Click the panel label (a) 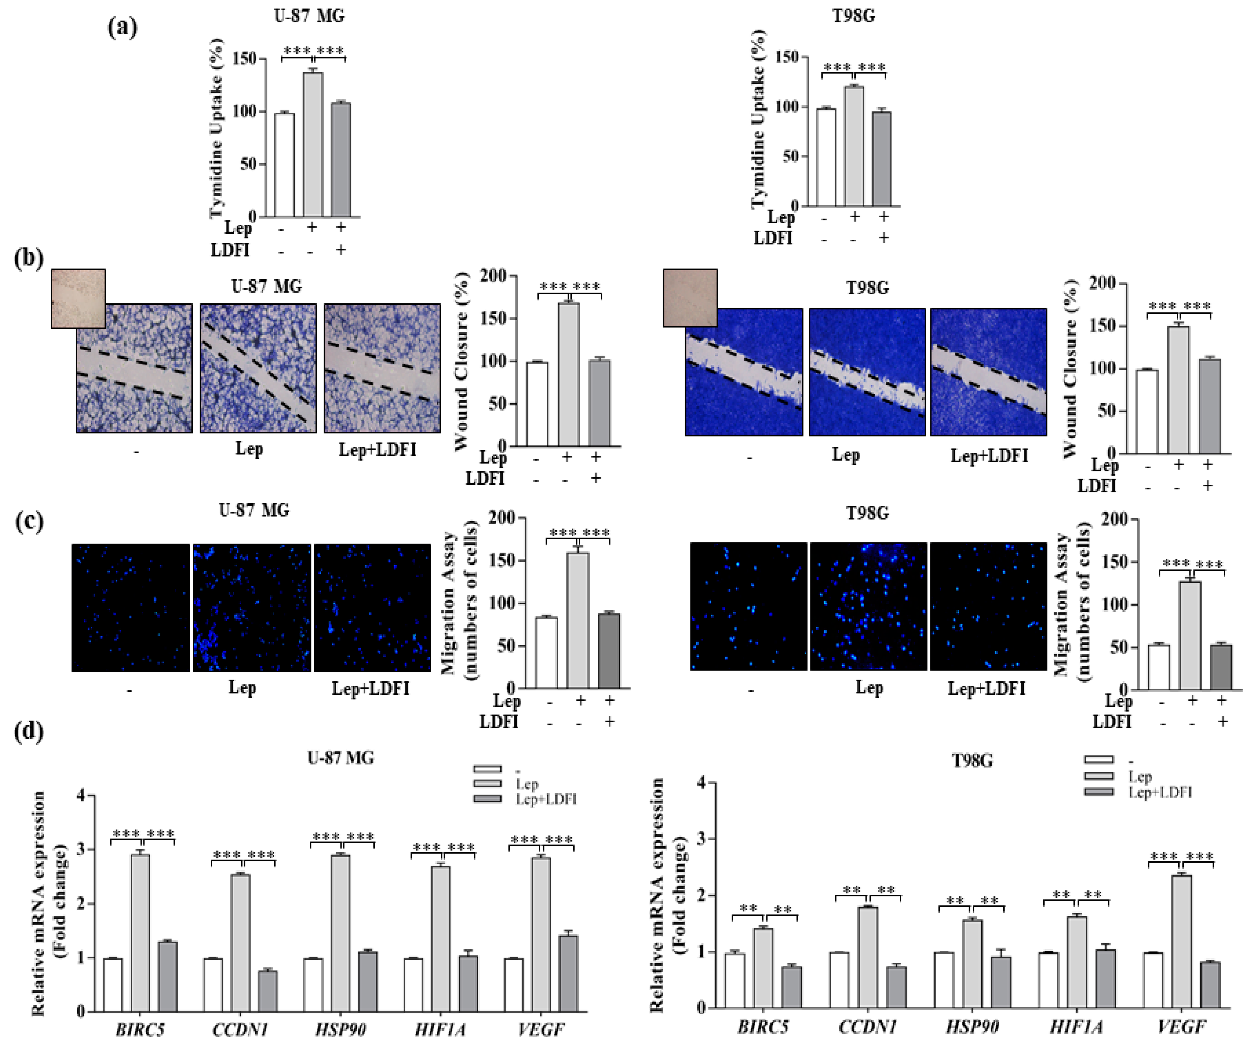click(122, 27)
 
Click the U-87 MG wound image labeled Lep click(258, 368)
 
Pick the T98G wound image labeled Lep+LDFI click(988, 372)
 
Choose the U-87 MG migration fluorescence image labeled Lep click(251, 608)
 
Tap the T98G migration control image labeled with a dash click(748, 606)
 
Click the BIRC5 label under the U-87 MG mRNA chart click(140, 1029)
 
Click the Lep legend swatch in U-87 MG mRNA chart click(487, 784)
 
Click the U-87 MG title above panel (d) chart click(341, 758)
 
